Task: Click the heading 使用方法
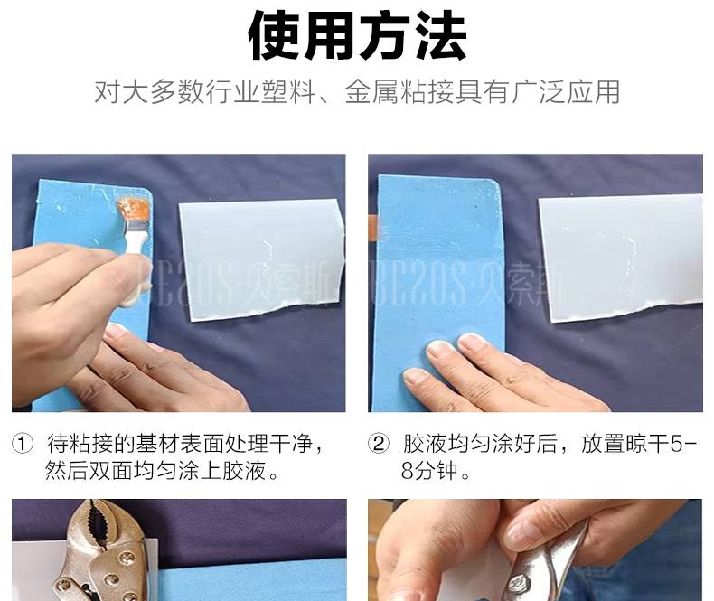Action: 358,36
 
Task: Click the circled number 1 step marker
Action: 23,444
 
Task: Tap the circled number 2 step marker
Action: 379,444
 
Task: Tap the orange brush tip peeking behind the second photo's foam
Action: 373,228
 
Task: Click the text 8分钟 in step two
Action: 429,470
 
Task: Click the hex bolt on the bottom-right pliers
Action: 518,583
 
